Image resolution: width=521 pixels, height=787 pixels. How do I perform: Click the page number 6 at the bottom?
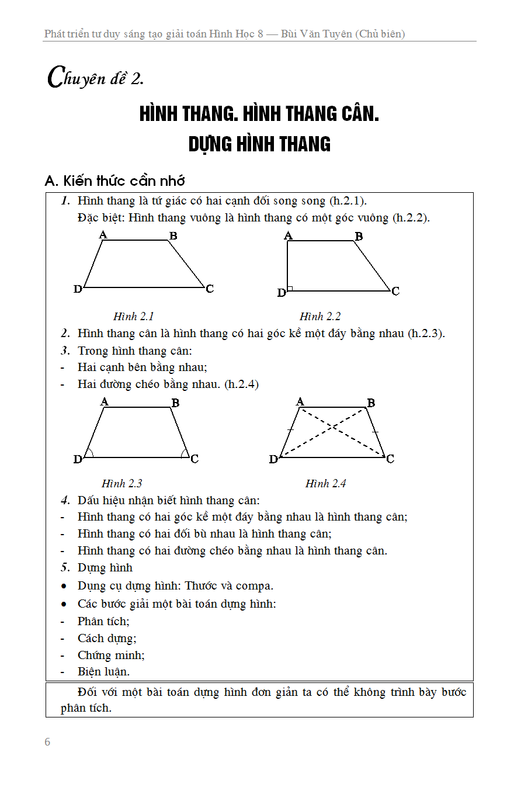click(47, 742)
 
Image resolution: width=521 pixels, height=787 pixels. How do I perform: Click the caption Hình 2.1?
click(133, 317)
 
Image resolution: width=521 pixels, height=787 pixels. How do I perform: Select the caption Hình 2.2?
click(320, 317)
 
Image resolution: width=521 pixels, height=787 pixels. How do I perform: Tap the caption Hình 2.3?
click(121, 484)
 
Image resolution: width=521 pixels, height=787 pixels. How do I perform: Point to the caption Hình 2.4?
click(325, 484)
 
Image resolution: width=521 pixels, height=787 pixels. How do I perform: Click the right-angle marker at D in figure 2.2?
click(290, 288)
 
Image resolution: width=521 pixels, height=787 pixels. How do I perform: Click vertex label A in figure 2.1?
click(103, 235)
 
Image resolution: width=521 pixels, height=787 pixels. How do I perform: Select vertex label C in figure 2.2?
click(395, 291)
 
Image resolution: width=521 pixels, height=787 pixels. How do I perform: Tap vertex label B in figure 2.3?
click(175, 403)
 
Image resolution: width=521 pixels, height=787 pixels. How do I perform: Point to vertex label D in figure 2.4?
click(273, 460)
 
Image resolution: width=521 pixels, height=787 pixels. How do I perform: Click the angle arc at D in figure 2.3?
click(89, 453)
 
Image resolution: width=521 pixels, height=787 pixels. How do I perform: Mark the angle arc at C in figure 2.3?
click(184, 453)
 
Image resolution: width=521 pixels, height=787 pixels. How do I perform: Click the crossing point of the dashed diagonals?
click(333, 427)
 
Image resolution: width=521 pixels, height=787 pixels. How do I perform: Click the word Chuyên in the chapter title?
click(73, 78)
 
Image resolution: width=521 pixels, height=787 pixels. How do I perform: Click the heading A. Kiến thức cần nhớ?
click(115, 181)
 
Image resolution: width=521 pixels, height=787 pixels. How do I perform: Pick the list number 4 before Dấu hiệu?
click(65, 500)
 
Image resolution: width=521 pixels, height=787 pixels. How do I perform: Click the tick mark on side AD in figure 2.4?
click(290, 430)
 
